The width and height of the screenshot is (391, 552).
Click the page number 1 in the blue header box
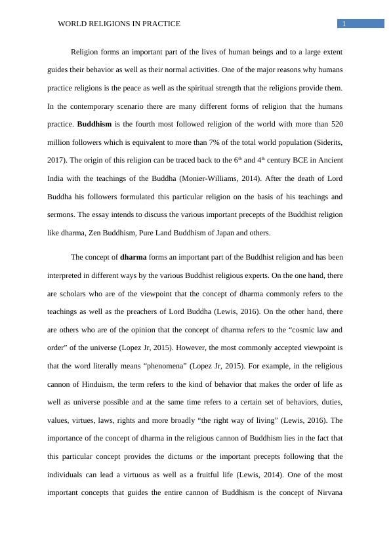344,24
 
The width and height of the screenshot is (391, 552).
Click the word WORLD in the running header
72,24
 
